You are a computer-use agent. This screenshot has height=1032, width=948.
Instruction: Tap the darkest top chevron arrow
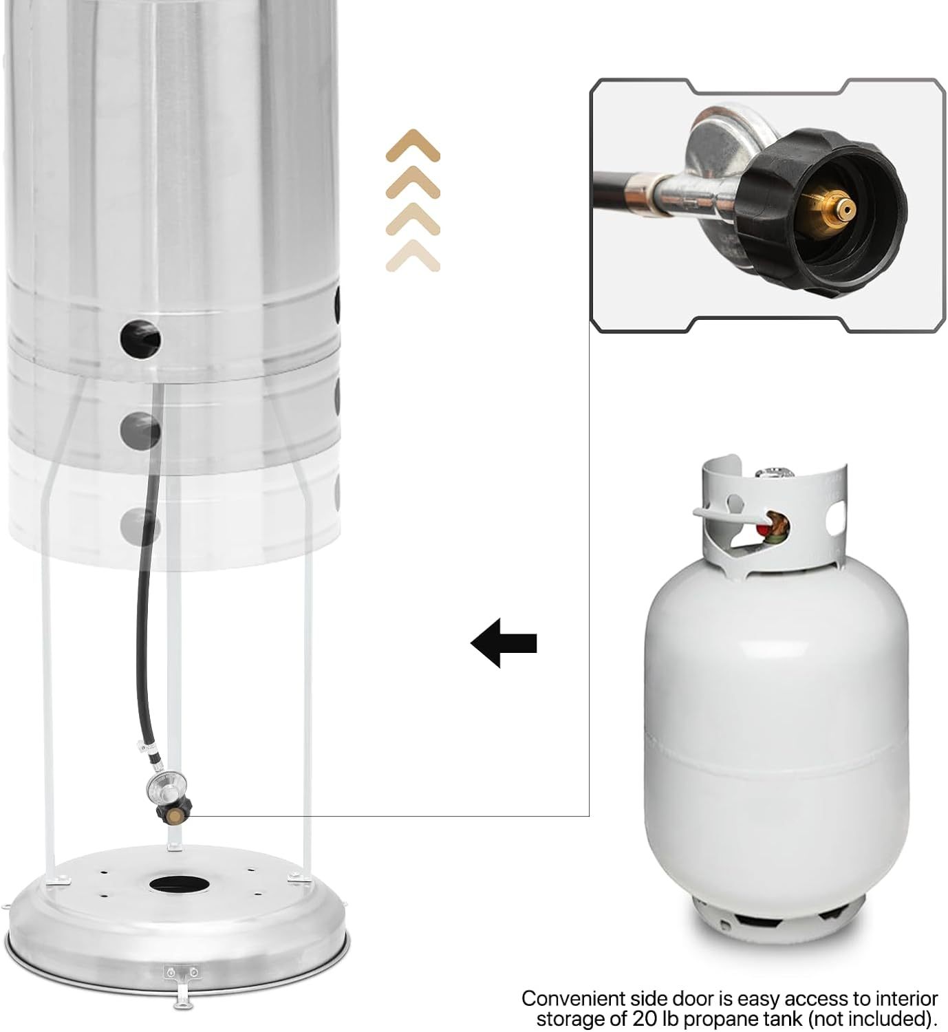(x=413, y=145)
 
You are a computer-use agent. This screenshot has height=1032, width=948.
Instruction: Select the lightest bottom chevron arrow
(x=413, y=256)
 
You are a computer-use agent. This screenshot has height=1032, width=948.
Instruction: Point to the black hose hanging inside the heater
(x=146, y=619)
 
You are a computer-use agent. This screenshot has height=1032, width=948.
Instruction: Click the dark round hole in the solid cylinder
(x=140, y=336)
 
